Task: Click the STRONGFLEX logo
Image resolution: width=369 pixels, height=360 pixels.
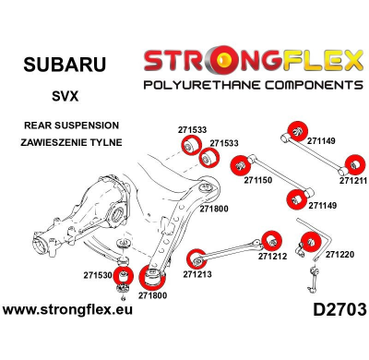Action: coord(252,61)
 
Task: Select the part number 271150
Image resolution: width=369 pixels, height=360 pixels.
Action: coord(258,182)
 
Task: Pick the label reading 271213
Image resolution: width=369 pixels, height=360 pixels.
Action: coord(197,274)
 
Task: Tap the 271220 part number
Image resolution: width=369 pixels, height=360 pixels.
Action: coord(339,254)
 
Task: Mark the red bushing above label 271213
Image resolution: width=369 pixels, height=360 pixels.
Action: coord(195,257)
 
